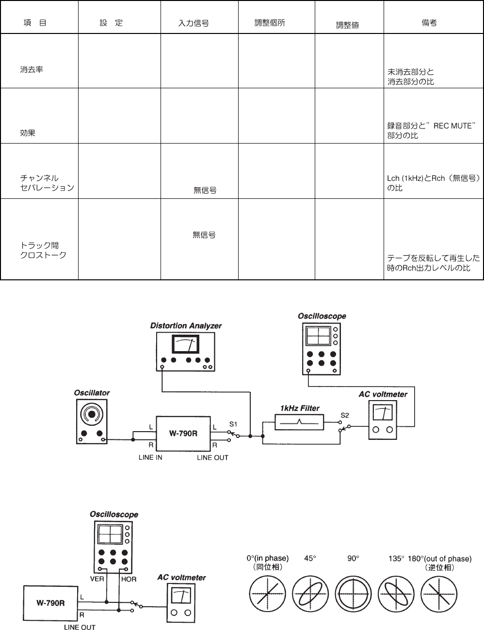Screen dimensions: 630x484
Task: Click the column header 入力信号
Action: [194, 23]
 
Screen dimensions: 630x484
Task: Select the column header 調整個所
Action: [270, 23]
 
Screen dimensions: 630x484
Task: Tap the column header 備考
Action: [429, 23]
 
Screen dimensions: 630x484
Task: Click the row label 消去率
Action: [32, 69]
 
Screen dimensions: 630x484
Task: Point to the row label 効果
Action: [28, 132]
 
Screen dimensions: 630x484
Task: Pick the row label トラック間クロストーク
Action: [43, 250]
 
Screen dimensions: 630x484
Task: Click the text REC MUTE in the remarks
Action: [452, 126]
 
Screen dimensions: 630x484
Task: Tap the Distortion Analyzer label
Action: [186, 326]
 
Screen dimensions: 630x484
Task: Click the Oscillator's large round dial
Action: [91, 414]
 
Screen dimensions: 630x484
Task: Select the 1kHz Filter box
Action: [300, 422]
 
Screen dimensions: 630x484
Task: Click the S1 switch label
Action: [233, 423]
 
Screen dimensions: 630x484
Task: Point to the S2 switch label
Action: [345, 415]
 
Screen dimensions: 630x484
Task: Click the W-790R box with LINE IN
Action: [183, 433]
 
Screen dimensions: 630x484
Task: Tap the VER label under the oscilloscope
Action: [97, 579]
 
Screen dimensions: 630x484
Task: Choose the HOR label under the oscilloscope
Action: [129, 579]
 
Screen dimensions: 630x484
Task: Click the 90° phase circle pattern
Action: [353, 594]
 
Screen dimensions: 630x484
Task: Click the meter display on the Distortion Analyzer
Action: [186, 345]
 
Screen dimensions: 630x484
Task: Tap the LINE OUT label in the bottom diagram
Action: [80, 627]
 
